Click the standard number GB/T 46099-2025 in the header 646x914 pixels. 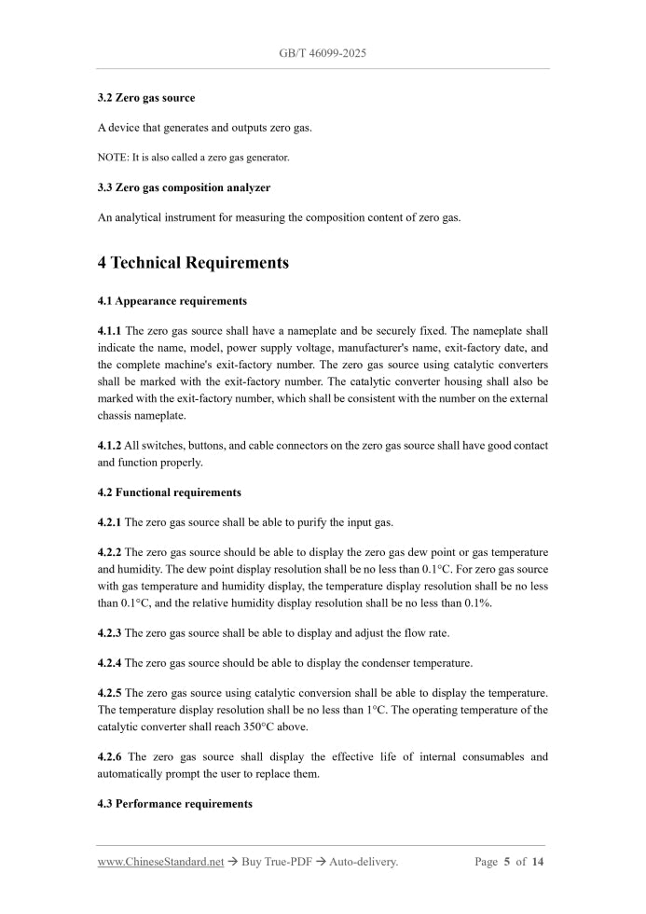[x=323, y=53]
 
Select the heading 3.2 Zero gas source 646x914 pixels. [x=146, y=98]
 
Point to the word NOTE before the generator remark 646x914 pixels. [x=112, y=158]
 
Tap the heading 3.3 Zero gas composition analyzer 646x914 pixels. [x=184, y=187]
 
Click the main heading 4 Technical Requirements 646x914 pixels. [x=193, y=263]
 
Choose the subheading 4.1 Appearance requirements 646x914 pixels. [x=172, y=301]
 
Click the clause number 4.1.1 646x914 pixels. [x=109, y=331]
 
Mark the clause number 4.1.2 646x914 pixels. [x=109, y=446]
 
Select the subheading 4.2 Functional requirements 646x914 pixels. [x=169, y=492]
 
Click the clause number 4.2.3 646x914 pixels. [x=109, y=633]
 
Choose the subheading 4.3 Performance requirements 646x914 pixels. [x=174, y=803]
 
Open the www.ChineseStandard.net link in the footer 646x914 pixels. [x=160, y=862]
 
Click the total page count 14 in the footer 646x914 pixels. [x=538, y=862]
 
